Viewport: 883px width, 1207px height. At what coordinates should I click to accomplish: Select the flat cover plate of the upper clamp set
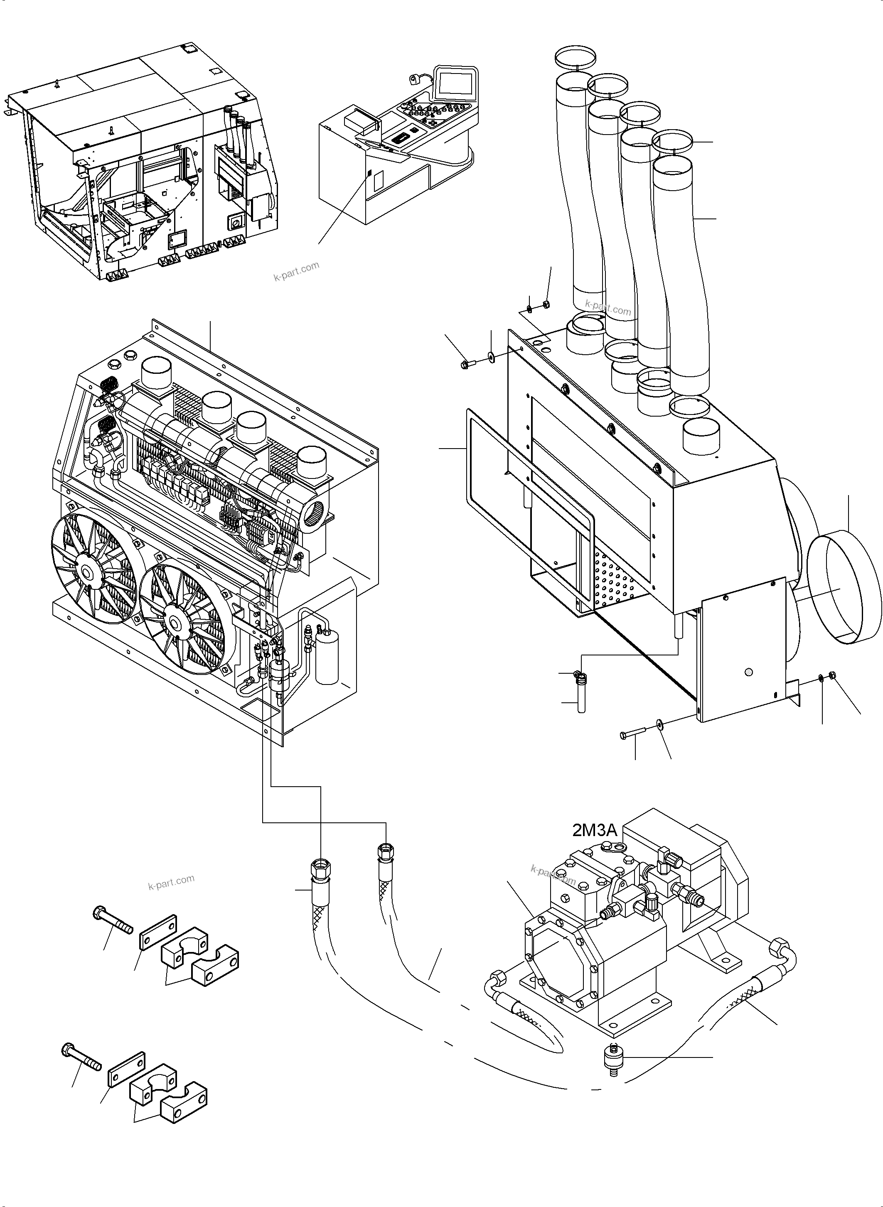pos(158,930)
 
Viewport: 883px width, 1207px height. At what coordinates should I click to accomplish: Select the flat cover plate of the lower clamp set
pos(127,1065)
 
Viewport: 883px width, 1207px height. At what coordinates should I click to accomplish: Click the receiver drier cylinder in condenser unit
pos(327,657)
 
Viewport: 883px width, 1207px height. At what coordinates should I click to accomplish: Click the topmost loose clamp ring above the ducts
pos(575,56)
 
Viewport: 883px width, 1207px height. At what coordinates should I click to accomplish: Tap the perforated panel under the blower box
pos(615,580)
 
